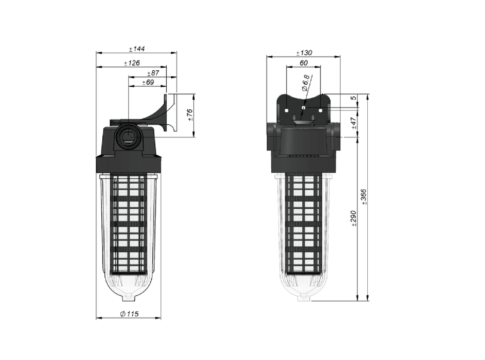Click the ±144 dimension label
click(136, 49)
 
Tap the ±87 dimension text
click(153, 73)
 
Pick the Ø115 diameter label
click(129, 314)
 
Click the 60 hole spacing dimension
click(304, 63)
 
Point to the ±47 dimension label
click(354, 123)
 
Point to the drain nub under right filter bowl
click(304, 297)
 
